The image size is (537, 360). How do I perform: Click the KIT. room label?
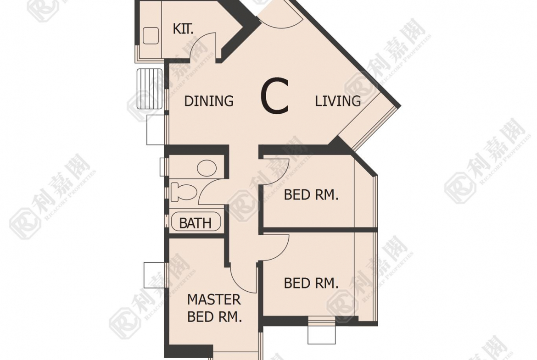click(x=183, y=29)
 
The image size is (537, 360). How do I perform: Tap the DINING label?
click(x=209, y=101)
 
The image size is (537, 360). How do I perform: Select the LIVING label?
click(x=338, y=101)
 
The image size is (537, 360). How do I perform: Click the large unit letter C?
click(x=274, y=96)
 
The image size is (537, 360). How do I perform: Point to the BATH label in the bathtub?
click(x=195, y=223)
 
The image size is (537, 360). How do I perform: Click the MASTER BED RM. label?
click(x=214, y=308)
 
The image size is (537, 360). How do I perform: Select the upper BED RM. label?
click(x=311, y=195)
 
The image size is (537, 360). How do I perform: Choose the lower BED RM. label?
click(x=311, y=283)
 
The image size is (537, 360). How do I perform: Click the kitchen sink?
click(x=151, y=36)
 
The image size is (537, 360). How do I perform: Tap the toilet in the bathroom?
click(x=183, y=192)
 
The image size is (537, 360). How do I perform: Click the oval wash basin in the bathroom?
click(x=207, y=168)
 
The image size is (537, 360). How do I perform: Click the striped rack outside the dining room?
click(x=149, y=89)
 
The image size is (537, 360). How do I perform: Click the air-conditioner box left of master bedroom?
click(x=154, y=275)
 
